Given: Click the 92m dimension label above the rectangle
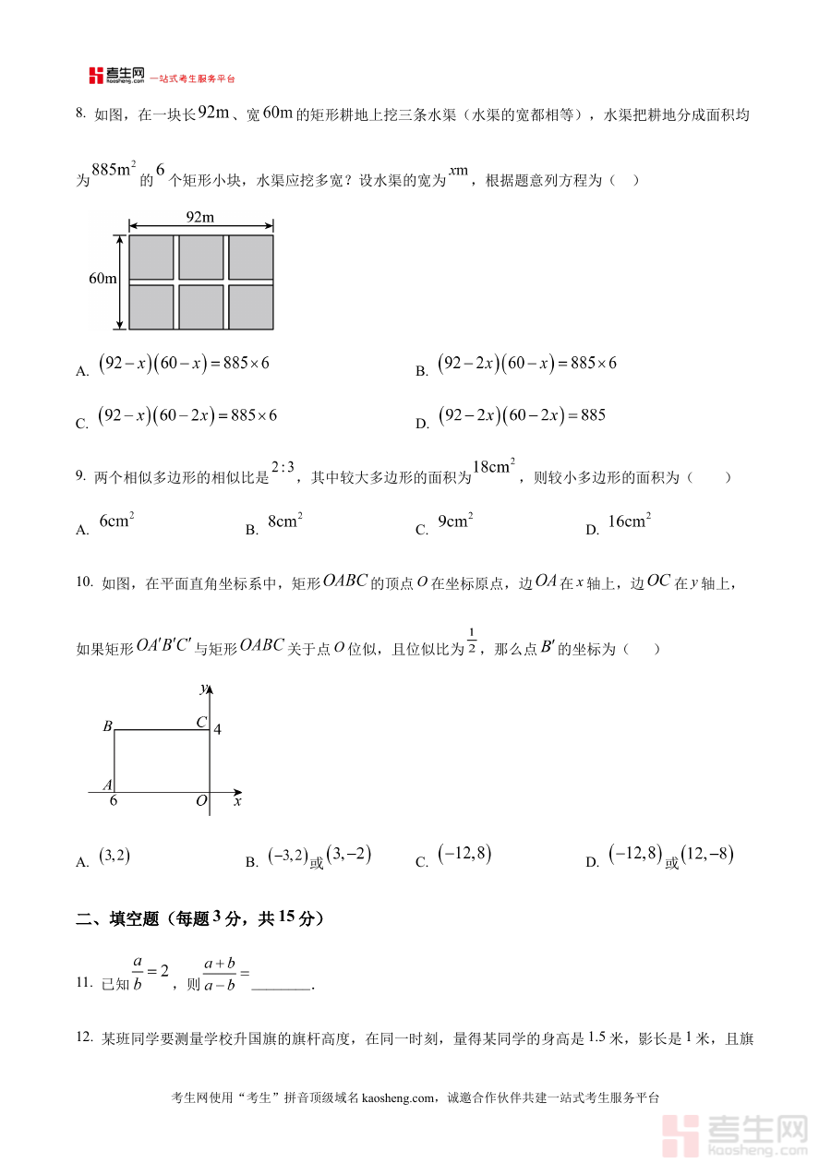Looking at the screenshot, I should (x=200, y=218).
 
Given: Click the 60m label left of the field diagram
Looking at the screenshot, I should (x=102, y=279).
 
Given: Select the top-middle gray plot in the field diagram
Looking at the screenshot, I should (x=200, y=258).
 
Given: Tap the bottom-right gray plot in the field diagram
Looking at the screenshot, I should (x=251, y=306).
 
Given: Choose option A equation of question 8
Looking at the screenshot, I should (x=183, y=364).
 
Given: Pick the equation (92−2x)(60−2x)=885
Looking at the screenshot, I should (x=522, y=415).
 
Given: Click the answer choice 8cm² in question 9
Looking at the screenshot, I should (x=284, y=522).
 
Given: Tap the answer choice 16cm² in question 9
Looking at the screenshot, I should (x=630, y=522).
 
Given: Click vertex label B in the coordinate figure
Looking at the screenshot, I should (x=107, y=727).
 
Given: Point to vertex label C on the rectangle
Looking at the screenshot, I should (x=200, y=723).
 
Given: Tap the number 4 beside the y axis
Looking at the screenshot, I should (x=218, y=730).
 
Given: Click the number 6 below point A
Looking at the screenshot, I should (x=114, y=801).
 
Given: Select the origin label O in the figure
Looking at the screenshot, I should (x=200, y=802).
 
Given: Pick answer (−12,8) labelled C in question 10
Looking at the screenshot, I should (x=465, y=856).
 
